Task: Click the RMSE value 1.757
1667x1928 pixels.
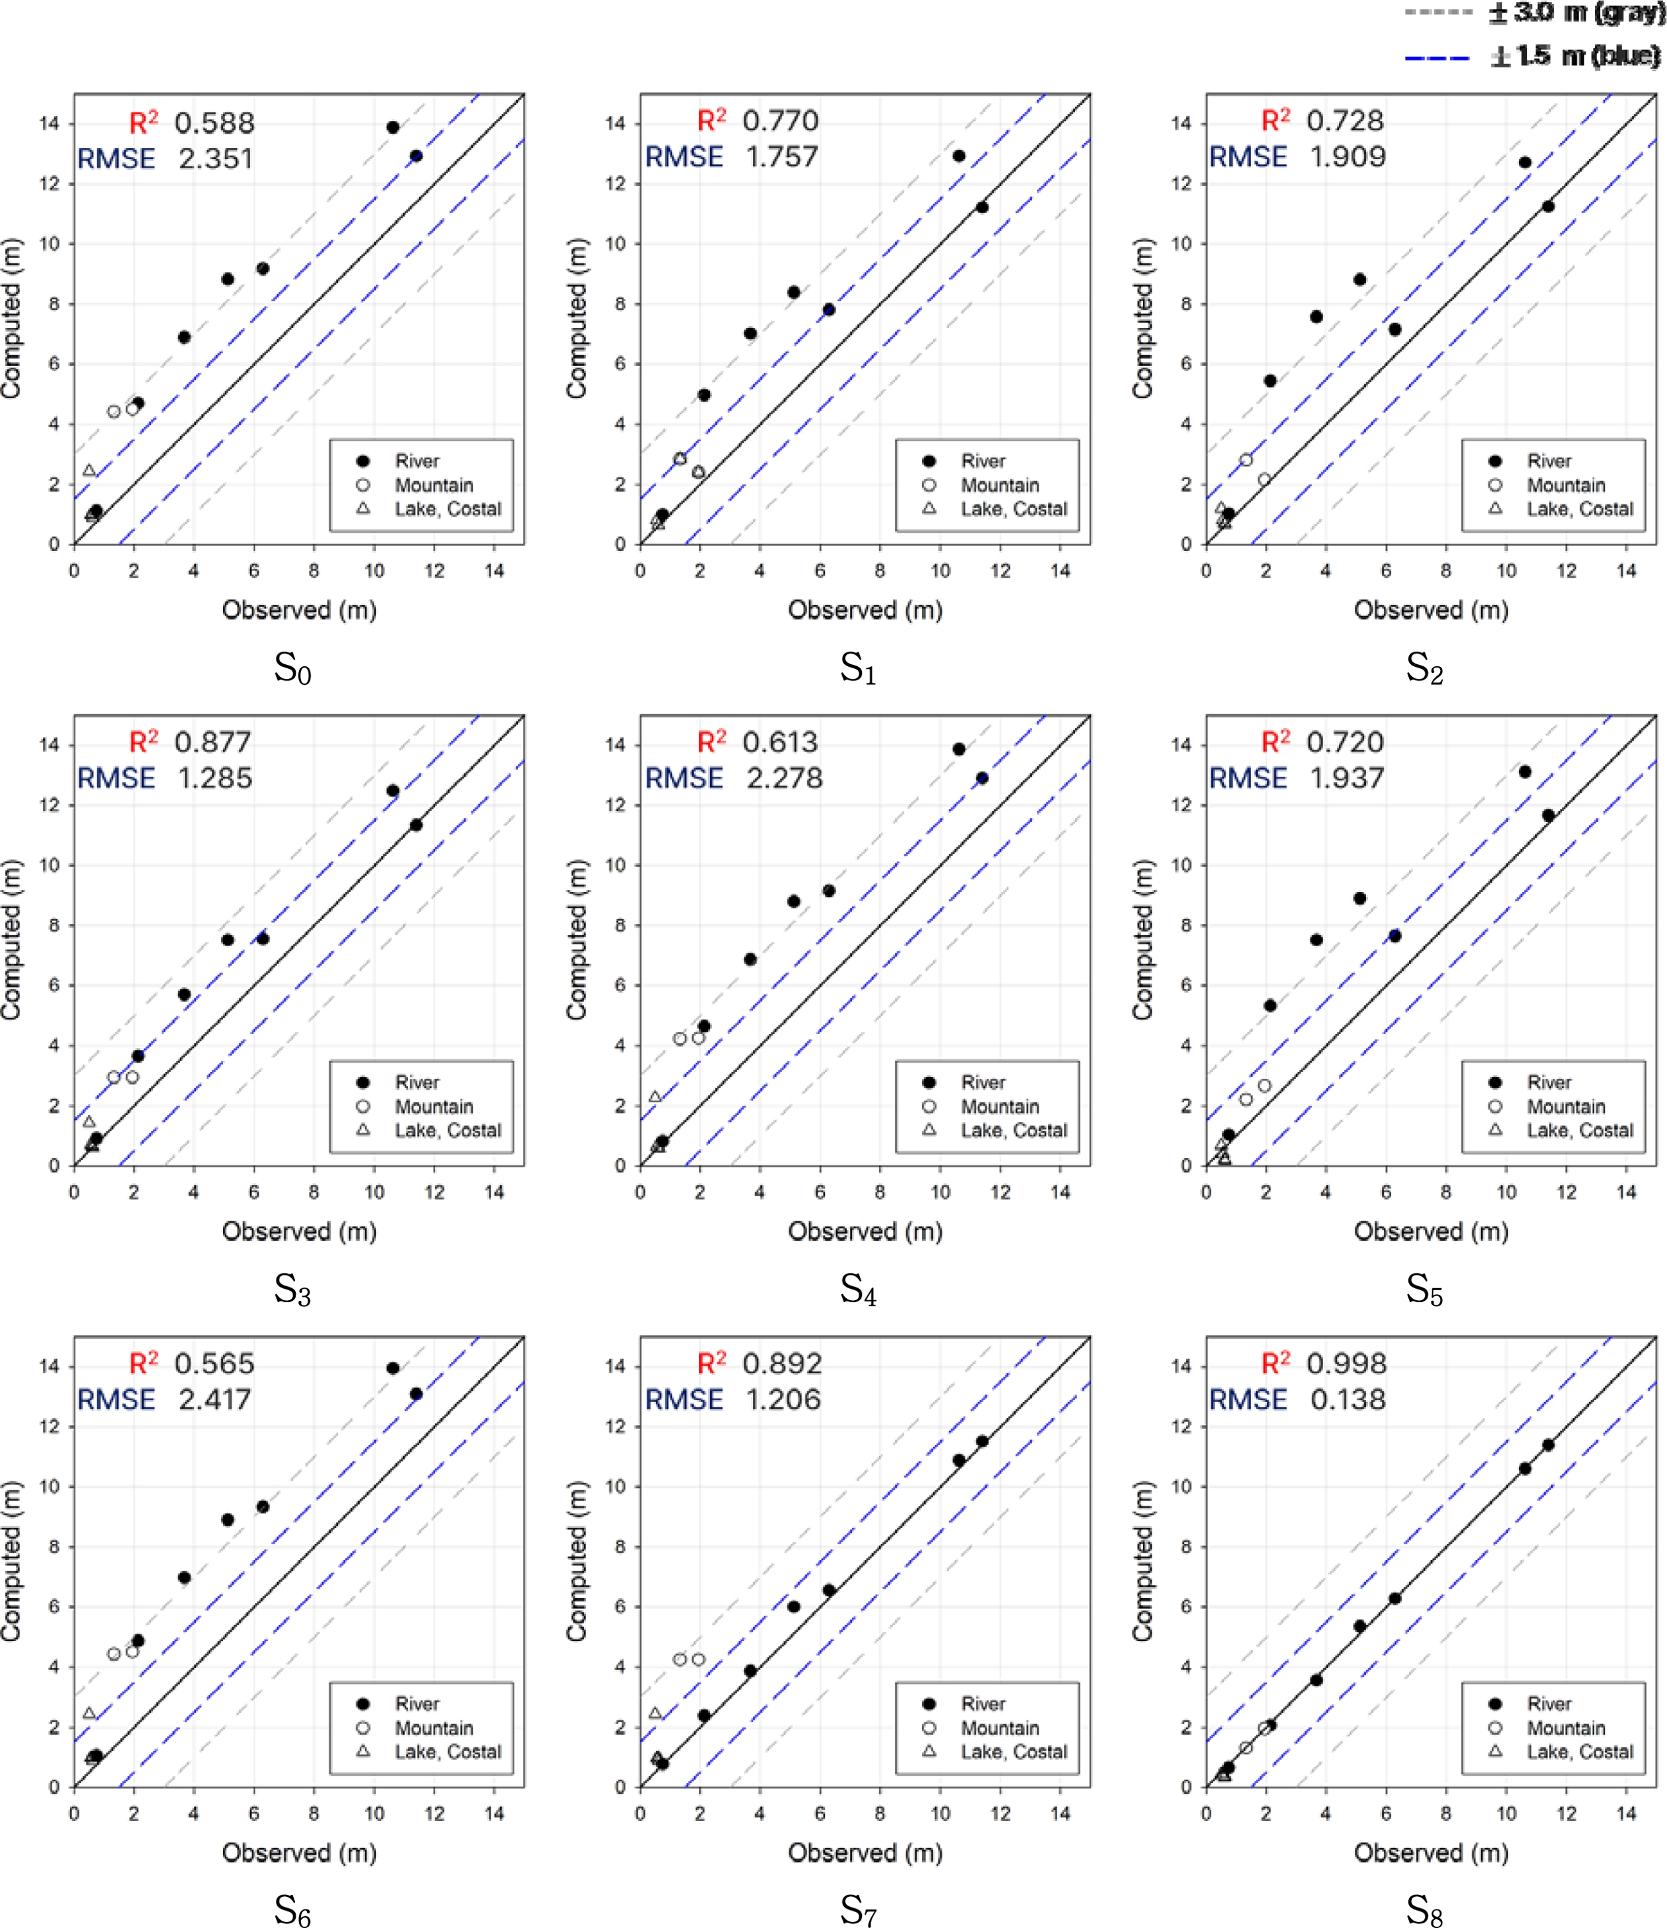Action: point(781,157)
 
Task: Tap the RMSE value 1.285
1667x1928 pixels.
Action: point(215,778)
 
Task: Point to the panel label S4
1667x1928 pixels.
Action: point(858,1290)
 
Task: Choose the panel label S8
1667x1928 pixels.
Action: point(1424,1909)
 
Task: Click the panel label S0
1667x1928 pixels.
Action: point(292,668)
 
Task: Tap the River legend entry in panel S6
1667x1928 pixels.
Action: point(417,1704)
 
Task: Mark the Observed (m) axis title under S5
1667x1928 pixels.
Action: point(1431,1231)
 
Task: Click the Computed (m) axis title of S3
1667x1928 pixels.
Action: point(11,940)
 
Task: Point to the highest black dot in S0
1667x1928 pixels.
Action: point(392,128)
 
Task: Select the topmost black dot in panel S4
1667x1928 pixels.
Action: point(959,749)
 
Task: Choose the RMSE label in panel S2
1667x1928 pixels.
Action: point(1248,157)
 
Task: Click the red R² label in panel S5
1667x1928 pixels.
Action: point(1275,742)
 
